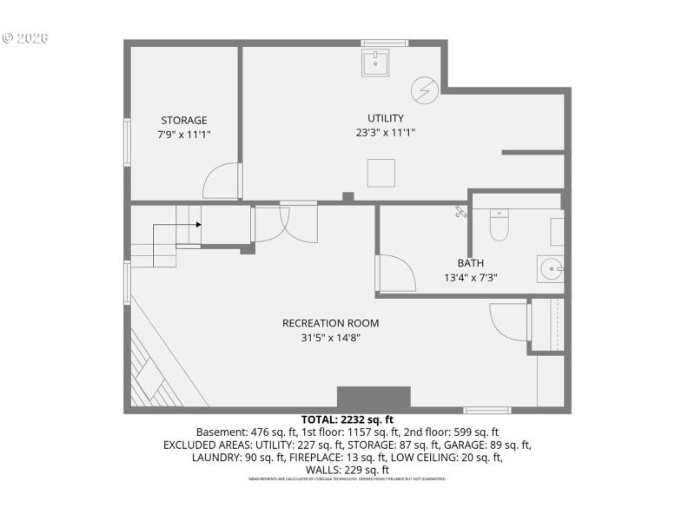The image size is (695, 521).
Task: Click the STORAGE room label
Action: coord(184,120)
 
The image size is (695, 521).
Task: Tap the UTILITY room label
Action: coord(385,118)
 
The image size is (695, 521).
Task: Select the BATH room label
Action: coord(471,263)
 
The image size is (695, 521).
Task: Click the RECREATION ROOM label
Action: coord(330,323)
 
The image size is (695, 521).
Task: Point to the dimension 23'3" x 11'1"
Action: coord(385,133)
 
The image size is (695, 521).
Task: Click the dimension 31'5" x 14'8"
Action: coord(330,338)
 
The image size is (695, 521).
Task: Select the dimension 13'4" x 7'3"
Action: coord(470,278)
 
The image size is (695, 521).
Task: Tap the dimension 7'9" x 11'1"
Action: coord(184,135)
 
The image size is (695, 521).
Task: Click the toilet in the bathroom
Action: coord(499,226)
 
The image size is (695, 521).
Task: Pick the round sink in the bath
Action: coord(549,267)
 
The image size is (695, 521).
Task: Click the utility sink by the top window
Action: coord(376,62)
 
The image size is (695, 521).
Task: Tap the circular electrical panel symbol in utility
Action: coord(424,89)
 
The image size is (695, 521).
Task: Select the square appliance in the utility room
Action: coord(381,173)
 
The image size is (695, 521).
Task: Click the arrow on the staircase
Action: coord(198,224)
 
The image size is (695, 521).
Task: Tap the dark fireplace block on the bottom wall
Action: coord(374,398)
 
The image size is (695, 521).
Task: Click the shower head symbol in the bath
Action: coord(460,211)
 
